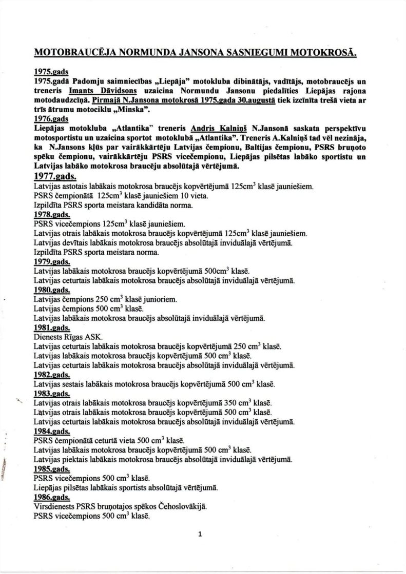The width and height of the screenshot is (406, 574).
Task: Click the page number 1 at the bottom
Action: (x=200, y=534)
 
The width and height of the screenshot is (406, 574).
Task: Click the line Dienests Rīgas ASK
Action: (x=68, y=337)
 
